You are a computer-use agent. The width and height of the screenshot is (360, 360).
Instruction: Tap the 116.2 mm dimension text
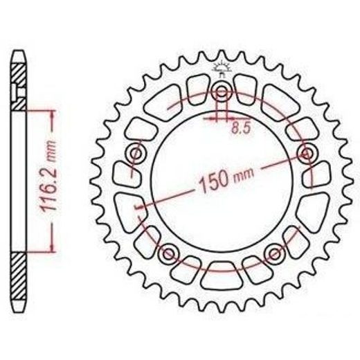pyautogui.click(x=48, y=175)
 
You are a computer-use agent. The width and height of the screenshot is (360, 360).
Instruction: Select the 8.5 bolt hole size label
pyautogui.click(x=241, y=129)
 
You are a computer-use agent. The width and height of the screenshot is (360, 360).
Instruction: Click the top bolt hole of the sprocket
pyautogui.click(x=222, y=92)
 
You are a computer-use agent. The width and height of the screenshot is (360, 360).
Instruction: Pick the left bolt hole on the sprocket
pyautogui.click(x=136, y=153)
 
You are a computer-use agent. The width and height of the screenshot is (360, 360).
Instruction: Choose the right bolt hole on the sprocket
pyautogui.click(x=307, y=153)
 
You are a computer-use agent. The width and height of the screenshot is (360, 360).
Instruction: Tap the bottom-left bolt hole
pyautogui.click(x=169, y=253)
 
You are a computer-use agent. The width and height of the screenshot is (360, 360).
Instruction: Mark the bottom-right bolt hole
pyautogui.click(x=275, y=253)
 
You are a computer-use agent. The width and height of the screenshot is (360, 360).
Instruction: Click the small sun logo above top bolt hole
pyautogui.click(x=222, y=67)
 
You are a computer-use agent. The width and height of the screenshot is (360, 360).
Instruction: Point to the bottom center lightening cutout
pyautogui.click(x=222, y=276)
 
